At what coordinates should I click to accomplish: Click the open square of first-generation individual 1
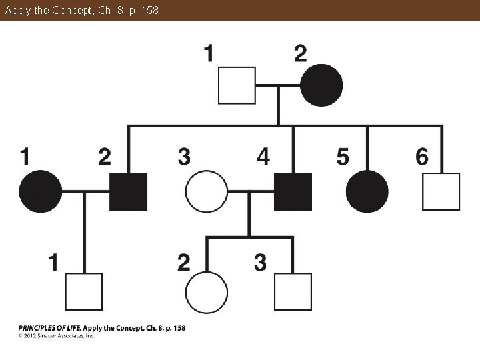click(237, 85)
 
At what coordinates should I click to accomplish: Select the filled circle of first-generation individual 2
click(321, 85)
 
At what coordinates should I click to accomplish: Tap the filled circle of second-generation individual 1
click(41, 191)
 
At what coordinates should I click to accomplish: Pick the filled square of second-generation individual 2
click(129, 191)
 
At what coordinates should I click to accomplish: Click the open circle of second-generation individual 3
click(206, 191)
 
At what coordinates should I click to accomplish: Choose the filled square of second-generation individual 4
click(293, 191)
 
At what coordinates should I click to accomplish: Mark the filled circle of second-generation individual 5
click(367, 191)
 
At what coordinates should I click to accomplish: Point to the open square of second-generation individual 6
click(441, 191)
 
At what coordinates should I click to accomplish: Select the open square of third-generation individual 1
click(84, 292)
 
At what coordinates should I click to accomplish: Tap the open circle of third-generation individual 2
click(206, 292)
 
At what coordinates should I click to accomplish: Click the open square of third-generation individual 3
click(293, 292)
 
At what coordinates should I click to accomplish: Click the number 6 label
click(421, 157)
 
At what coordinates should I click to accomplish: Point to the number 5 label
click(342, 157)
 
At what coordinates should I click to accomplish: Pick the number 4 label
click(264, 157)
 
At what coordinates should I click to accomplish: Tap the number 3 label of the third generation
click(260, 262)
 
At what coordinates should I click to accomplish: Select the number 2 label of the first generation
click(301, 53)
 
